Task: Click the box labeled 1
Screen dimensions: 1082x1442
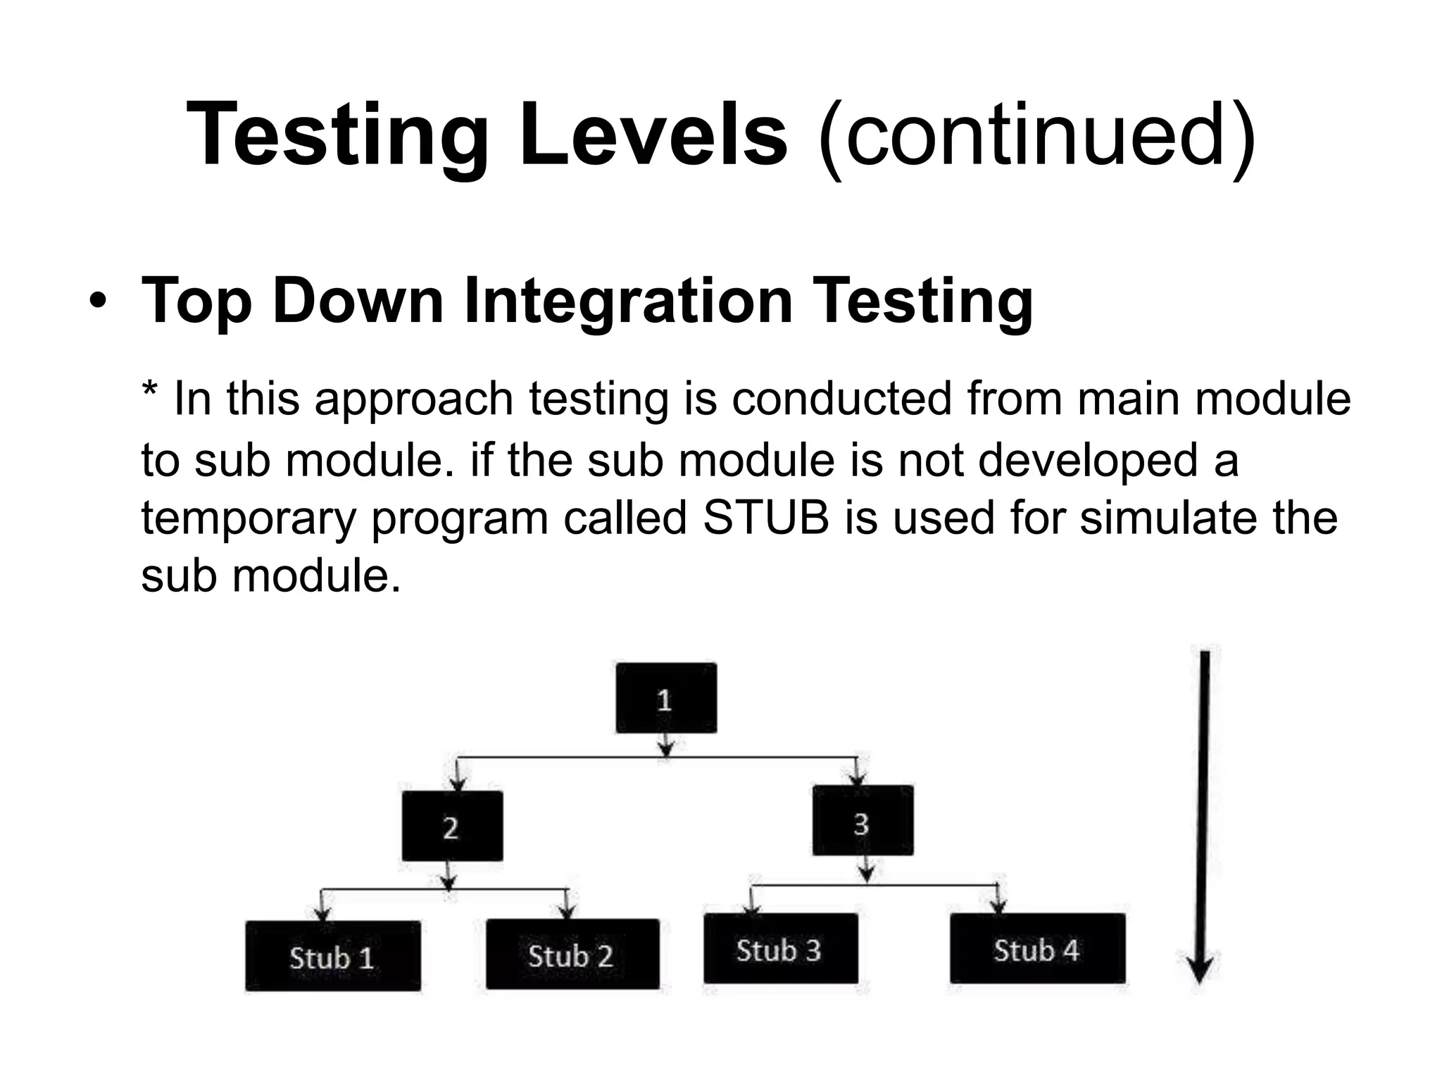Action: tap(666, 698)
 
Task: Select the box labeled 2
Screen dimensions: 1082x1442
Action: tap(452, 826)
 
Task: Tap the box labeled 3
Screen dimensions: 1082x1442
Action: tap(863, 821)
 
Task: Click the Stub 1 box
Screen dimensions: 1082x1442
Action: tap(333, 956)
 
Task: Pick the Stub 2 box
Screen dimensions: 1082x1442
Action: tap(572, 954)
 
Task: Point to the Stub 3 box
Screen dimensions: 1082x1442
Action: tap(780, 949)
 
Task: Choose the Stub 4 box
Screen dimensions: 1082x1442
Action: tap(1037, 949)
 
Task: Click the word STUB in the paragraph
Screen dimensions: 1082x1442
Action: tap(765, 518)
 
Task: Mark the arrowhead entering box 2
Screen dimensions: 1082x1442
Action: tap(458, 783)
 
